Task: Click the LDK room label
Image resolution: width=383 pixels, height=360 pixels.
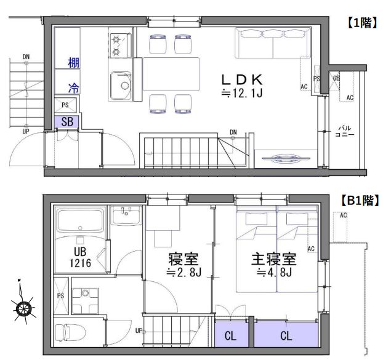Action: (243, 79)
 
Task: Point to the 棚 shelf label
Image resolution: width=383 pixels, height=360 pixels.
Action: (73, 62)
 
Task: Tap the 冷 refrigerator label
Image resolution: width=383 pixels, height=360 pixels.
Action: (73, 88)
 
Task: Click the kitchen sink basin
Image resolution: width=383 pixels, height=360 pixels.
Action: (120, 85)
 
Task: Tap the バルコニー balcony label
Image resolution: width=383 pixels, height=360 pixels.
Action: (344, 132)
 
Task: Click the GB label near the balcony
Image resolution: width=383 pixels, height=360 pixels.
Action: (336, 79)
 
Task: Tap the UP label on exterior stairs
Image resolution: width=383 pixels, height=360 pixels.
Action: (26, 131)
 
